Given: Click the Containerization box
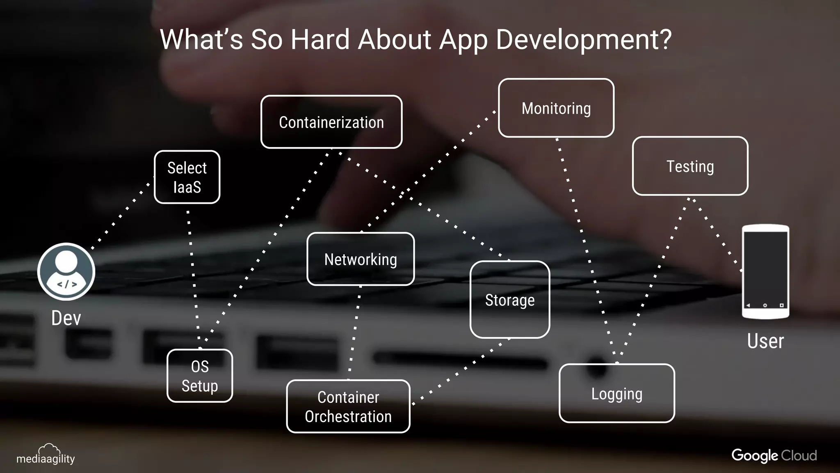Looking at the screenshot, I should pos(331,122).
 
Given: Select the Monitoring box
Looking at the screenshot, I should pos(556,108).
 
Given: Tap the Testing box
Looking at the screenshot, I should pos(690,166).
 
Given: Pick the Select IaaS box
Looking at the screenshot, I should pos(187,177).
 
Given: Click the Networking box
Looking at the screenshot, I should pos(361,259).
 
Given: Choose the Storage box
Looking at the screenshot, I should pos(510,300).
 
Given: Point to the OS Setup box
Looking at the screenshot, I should pos(200,376).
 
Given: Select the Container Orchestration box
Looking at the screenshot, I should pos(348,406).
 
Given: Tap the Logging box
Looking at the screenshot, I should pos(617,393).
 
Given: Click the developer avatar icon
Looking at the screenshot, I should pos(66,271).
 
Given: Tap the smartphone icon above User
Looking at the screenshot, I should pos(765,271).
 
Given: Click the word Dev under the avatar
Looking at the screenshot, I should pos(66,318).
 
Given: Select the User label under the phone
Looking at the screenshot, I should pos(765,341).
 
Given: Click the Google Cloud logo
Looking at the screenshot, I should pos(774,455).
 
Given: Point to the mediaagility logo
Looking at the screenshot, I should pos(46,455).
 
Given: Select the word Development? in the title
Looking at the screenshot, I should pos(584,39).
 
